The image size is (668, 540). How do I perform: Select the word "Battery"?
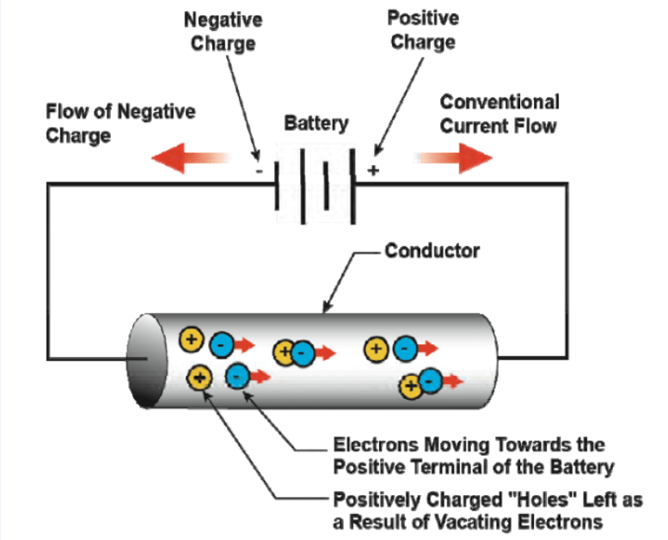tap(316, 124)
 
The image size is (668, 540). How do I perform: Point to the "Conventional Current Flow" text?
tap(499, 114)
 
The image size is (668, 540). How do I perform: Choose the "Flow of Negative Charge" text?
tap(120, 123)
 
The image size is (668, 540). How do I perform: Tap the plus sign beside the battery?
tap(373, 170)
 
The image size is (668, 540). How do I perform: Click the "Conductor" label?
tap(432, 251)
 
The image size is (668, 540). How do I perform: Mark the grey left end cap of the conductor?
tap(144, 360)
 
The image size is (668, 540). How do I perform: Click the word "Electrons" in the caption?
tap(375, 445)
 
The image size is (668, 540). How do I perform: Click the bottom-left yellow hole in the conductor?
tap(199, 377)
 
